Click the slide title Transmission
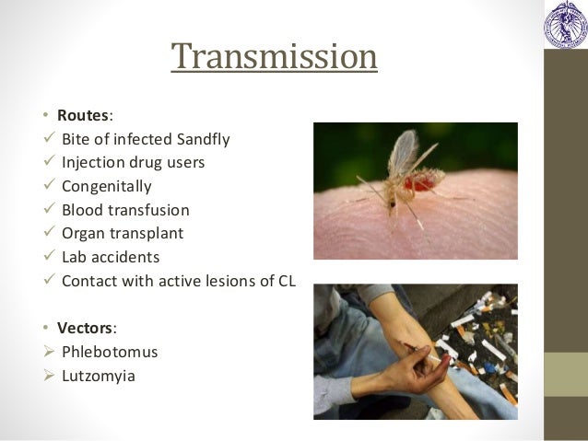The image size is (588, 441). pyautogui.click(x=275, y=57)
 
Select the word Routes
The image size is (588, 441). pyautogui.click(x=83, y=116)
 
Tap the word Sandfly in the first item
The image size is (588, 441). pyautogui.click(x=203, y=140)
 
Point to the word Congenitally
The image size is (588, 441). pyautogui.click(x=106, y=187)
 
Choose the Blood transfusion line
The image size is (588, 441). pyautogui.click(x=125, y=210)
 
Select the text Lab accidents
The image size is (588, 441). pyautogui.click(x=111, y=257)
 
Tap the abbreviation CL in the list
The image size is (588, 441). pyautogui.click(x=286, y=281)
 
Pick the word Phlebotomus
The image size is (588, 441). pyautogui.click(x=110, y=352)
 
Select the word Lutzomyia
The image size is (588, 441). pyautogui.click(x=98, y=376)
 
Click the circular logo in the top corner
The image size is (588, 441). pyautogui.click(x=564, y=24)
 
